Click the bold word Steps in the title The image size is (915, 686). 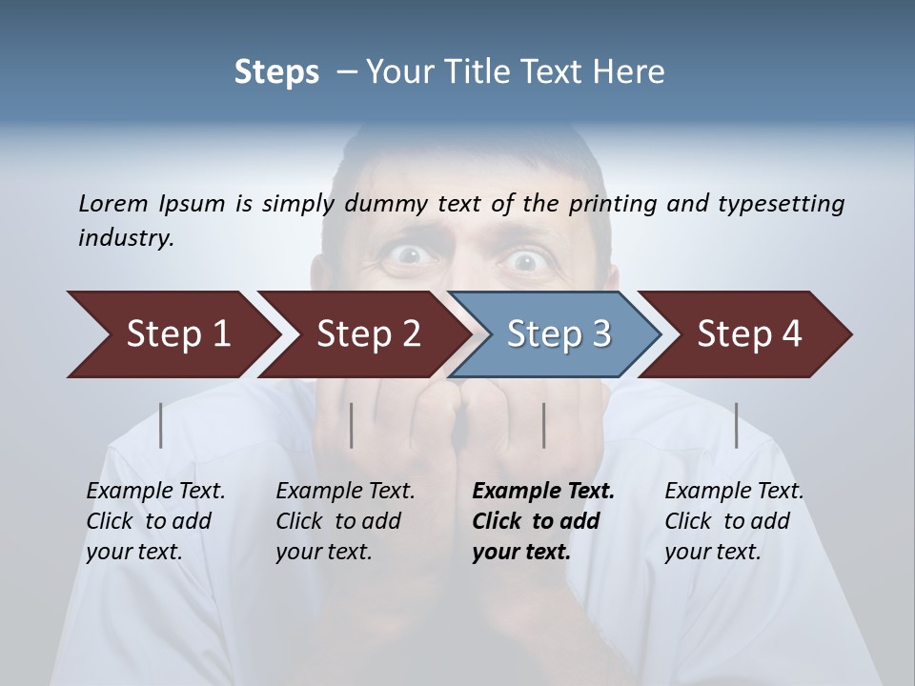[x=276, y=71]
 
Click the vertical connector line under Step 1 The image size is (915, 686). [x=161, y=425]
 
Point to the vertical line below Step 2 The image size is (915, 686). [x=352, y=425]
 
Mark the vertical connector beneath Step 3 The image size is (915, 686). [x=543, y=425]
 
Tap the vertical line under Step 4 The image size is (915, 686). [x=736, y=425]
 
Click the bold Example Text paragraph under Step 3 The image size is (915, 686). [x=542, y=521]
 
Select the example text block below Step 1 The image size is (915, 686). [x=155, y=521]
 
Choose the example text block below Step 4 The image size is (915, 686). [x=734, y=521]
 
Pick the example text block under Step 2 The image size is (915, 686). [x=345, y=521]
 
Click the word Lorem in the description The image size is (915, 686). [x=112, y=203]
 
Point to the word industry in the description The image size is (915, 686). [x=125, y=237]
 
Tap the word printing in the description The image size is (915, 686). [x=612, y=204]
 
